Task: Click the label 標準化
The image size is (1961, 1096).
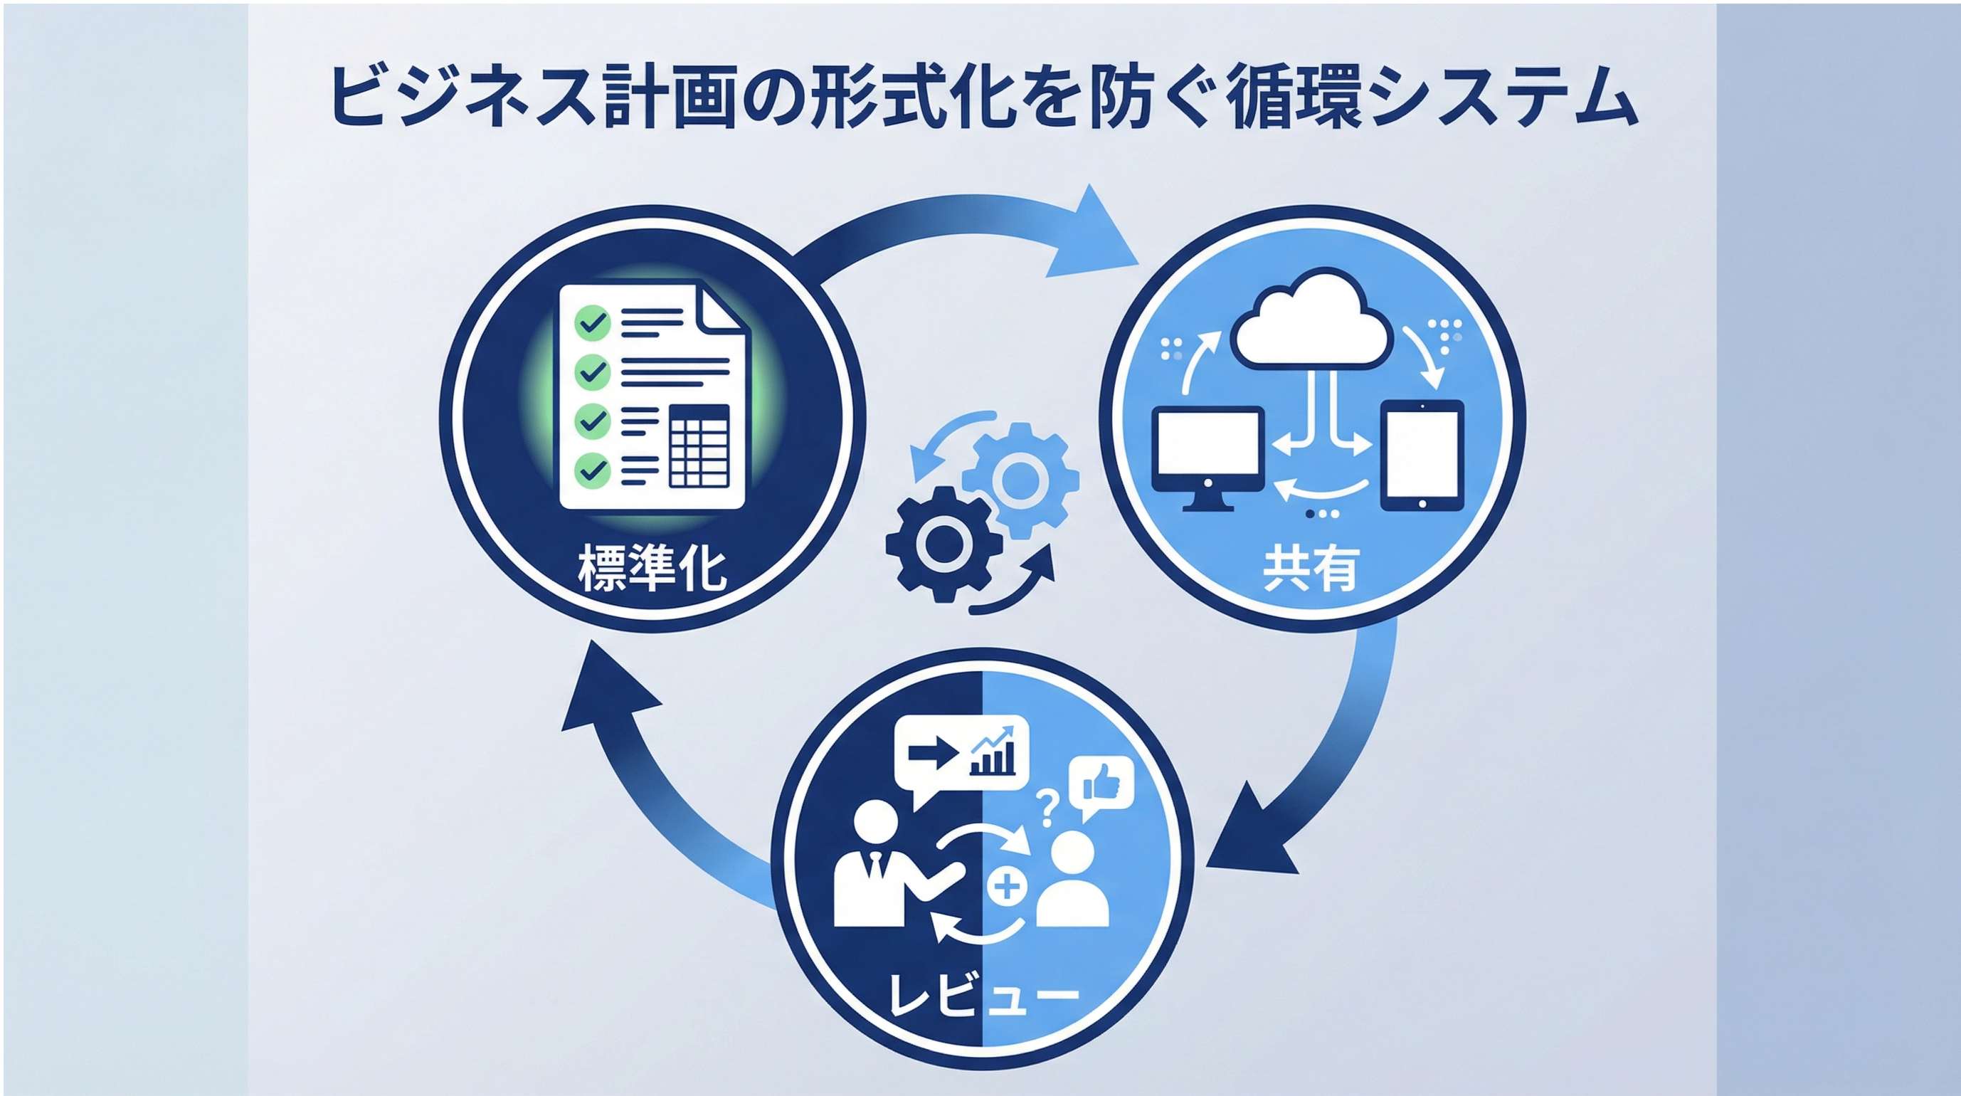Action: coord(652,569)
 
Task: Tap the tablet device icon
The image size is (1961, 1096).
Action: coord(1421,455)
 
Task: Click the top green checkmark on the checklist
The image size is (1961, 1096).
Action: coord(592,322)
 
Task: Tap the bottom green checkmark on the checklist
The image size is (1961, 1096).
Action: coord(592,470)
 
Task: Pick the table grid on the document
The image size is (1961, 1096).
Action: coord(699,446)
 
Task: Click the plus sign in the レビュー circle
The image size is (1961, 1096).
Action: coord(1006,887)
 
